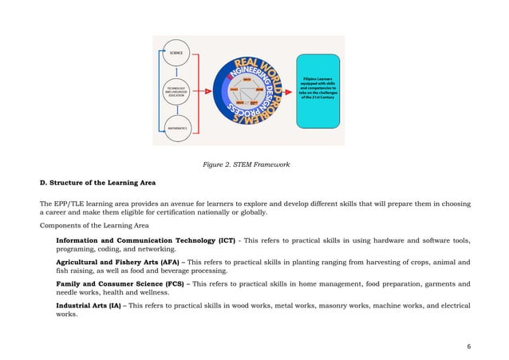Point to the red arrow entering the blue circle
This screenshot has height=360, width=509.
pos(208,90)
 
